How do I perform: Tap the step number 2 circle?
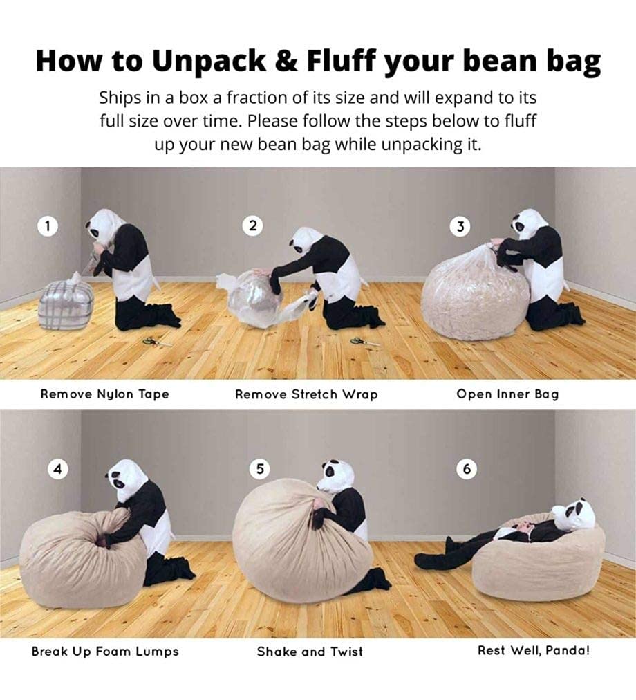point(252,226)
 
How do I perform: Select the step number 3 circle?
point(460,227)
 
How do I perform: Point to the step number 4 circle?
point(57,469)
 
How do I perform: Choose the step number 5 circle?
point(260,469)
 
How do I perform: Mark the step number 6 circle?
point(467,469)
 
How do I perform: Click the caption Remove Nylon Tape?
point(105,395)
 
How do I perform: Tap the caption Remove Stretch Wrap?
point(307,395)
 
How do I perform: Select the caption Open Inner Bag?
point(507,395)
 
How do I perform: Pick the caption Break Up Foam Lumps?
point(105,652)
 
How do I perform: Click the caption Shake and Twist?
point(310,652)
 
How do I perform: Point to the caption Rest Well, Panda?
point(534,651)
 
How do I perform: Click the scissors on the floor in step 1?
point(157,342)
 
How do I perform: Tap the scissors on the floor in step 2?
point(364,342)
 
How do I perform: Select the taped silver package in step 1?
point(66,303)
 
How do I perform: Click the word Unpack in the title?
point(209,62)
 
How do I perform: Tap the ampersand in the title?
point(286,61)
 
